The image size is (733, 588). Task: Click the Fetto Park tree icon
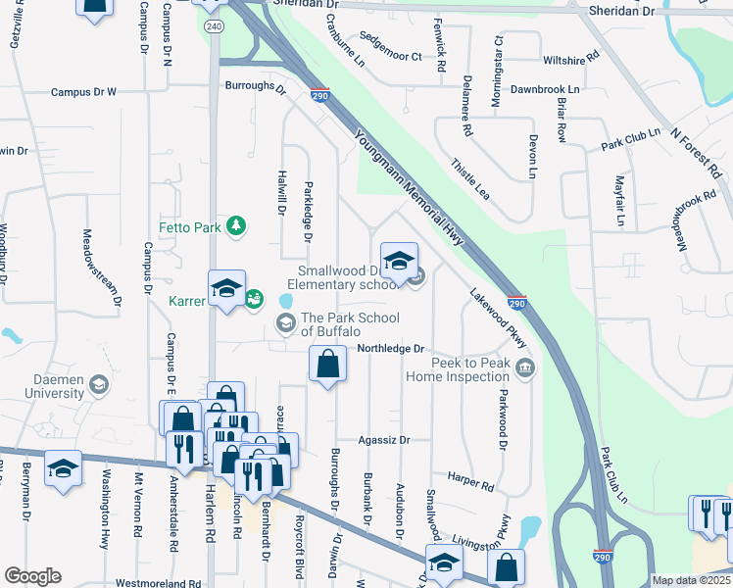pyautogui.click(x=236, y=227)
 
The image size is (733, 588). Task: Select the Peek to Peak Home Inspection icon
pyautogui.click(x=526, y=368)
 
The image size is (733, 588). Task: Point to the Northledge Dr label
pyautogui.click(x=390, y=348)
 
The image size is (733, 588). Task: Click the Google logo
pyautogui.click(x=32, y=575)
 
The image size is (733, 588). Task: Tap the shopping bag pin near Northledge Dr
pyautogui.click(x=327, y=366)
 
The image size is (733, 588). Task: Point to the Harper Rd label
pyautogui.click(x=471, y=483)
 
